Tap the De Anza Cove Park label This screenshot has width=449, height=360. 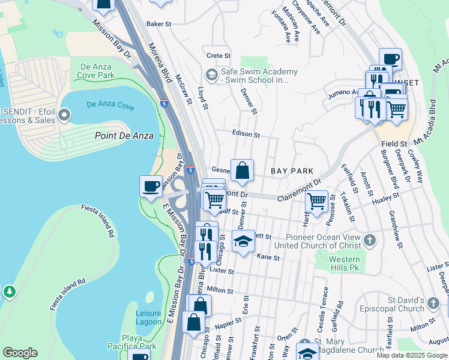92,71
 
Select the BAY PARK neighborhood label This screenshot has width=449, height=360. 292,171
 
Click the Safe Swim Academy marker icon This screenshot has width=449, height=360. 211,75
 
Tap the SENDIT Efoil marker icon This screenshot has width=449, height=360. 65,114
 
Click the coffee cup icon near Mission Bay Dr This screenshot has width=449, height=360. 151,185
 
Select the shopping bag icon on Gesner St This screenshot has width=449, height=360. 242,170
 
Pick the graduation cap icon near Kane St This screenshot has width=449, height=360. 243,241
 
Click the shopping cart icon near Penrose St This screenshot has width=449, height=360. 316,201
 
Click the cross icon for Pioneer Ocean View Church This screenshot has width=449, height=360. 370,241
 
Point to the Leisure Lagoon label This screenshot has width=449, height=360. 148,317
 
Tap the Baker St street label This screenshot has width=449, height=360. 159,25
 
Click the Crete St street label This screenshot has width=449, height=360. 214,56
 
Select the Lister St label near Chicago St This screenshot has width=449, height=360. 221,271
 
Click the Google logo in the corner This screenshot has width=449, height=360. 20,353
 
